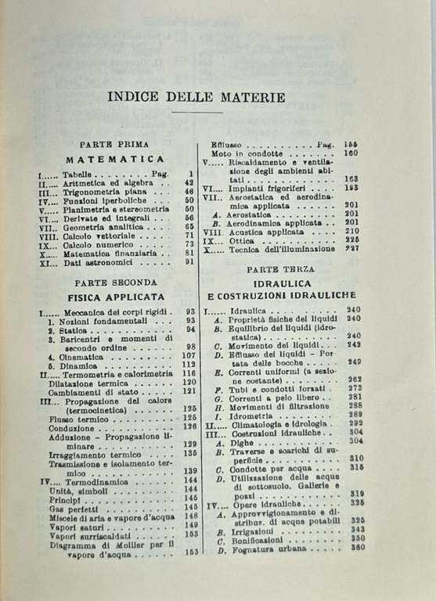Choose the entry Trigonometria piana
pyautogui.click(x=104, y=191)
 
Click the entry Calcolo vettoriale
pyautogui.click(x=99, y=235)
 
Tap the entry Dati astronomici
pyautogui.click(x=95, y=263)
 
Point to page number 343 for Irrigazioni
pyautogui.click(x=355, y=530)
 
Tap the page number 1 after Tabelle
pyautogui.click(x=189, y=173)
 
